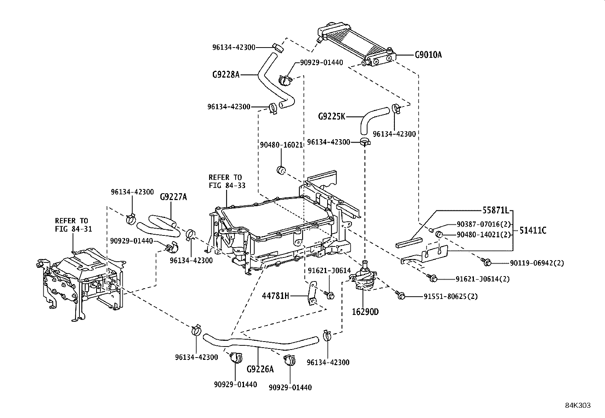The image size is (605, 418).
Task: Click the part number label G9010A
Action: pyautogui.click(x=428, y=55)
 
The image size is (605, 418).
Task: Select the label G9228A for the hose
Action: pyautogui.click(x=226, y=75)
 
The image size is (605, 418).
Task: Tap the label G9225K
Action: pyautogui.click(x=331, y=116)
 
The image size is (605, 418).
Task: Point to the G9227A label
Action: pyautogui.click(x=173, y=197)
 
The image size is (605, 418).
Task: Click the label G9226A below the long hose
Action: pyautogui.click(x=260, y=369)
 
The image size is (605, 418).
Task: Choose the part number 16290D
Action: pyautogui.click(x=365, y=312)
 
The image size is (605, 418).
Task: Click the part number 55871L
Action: pyautogui.click(x=495, y=210)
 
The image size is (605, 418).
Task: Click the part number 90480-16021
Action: pyautogui.click(x=281, y=145)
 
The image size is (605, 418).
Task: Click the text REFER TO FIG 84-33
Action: pyautogui.click(x=226, y=181)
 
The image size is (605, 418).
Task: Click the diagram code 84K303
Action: pyautogui.click(x=578, y=405)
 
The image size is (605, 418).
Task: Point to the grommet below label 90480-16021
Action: pyautogui.click(x=282, y=170)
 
